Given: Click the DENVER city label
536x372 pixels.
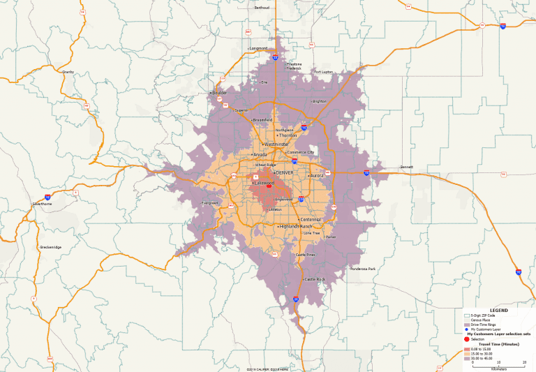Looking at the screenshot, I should click(285, 172).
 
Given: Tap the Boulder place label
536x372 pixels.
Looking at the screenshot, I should click(220, 93).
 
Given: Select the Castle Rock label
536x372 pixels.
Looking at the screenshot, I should click(315, 279).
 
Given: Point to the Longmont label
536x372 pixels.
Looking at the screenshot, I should click(258, 48).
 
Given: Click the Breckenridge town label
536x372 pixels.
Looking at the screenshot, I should click(50, 246).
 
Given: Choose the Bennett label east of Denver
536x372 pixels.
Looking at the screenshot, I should click(406, 168).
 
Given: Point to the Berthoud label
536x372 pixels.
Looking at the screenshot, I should click(262, 8).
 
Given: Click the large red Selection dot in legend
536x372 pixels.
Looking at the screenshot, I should click(467, 339).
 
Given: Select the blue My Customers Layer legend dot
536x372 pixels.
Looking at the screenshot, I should click(467, 329).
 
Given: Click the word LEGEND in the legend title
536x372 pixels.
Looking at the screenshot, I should click(498, 311).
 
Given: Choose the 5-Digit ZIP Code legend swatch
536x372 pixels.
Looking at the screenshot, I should click(467, 316).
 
